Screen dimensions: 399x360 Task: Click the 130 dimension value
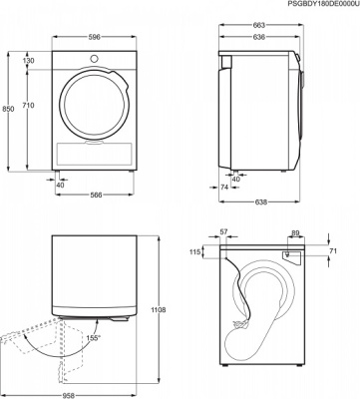pyautogui.click(x=30, y=62)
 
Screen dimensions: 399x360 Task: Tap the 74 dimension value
pyautogui.click(x=224, y=186)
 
